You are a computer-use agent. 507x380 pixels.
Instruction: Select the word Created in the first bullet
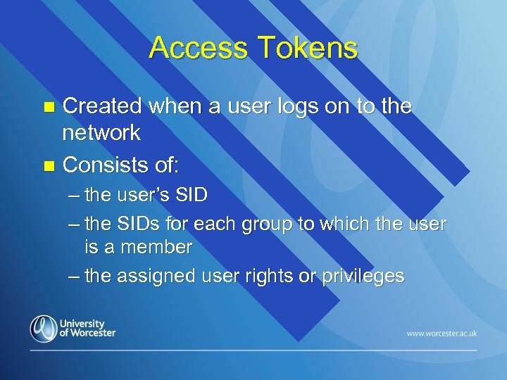[x=104, y=107]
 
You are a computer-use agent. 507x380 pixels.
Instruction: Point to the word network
[x=101, y=132]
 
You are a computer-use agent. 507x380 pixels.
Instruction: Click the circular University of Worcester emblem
[x=44, y=329]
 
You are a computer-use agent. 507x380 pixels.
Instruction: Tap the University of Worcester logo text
[x=88, y=328]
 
